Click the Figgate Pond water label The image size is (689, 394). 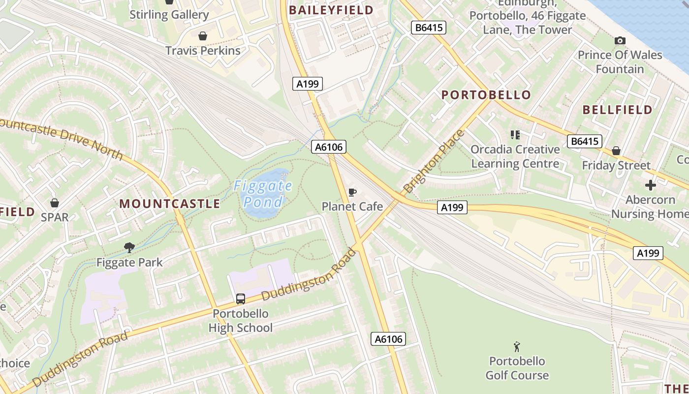[263, 194]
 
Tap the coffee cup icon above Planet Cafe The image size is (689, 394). [352, 192]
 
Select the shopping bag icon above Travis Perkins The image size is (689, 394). [202, 36]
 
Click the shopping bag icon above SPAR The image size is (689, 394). [54, 202]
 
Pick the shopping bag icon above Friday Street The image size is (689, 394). [616, 151]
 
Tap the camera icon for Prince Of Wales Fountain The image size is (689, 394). [620, 40]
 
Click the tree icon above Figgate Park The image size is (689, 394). [129, 247]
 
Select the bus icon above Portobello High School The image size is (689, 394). [241, 298]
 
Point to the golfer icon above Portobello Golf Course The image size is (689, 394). [517, 347]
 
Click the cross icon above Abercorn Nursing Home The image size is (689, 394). [650, 185]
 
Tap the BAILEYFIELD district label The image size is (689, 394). [331, 10]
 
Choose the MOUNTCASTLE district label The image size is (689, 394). [170, 204]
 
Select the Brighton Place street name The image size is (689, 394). [433, 162]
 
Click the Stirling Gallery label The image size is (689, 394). [169, 15]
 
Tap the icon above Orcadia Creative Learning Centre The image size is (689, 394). [515, 134]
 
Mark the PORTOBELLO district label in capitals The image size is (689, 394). [486, 95]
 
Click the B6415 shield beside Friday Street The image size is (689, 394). [584, 142]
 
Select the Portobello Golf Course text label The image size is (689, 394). [517, 368]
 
